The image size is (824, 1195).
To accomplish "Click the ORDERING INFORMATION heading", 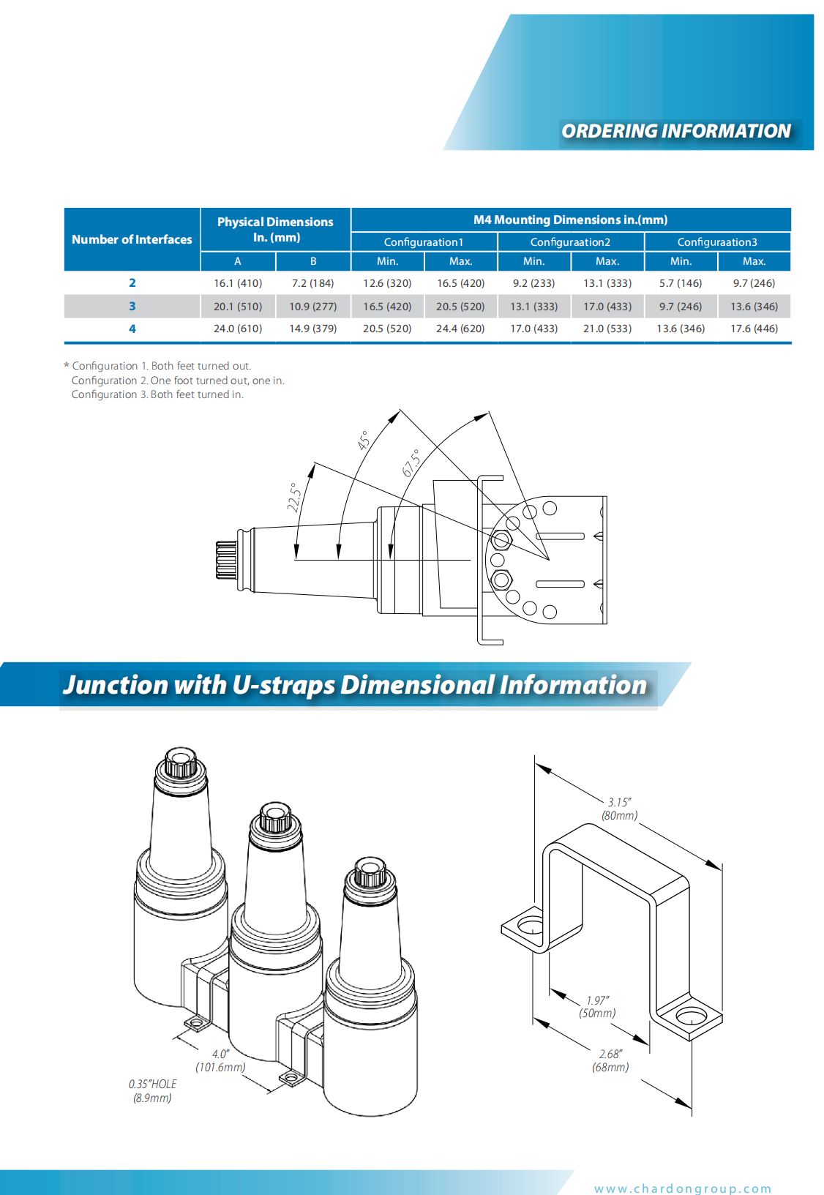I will click(x=675, y=131).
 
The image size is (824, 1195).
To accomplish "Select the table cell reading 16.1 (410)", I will click(x=238, y=283).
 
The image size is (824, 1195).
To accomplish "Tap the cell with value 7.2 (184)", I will click(x=312, y=283).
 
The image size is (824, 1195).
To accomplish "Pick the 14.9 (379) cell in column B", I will click(x=312, y=329).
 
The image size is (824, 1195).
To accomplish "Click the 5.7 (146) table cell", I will click(x=681, y=283).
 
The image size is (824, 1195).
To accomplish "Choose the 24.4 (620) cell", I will click(x=460, y=329).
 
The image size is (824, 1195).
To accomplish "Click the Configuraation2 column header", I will click(x=570, y=242).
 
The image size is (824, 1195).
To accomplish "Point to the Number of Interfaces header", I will click(x=132, y=239).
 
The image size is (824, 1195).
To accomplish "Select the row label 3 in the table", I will click(x=132, y=307).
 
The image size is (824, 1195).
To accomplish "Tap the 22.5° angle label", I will click(x=294, y=498).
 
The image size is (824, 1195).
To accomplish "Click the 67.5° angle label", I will click(x=411, y=463).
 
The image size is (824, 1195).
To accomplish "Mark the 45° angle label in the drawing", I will click(x=364, y=441).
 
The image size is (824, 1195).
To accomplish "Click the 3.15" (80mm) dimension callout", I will click(x=619, y=809).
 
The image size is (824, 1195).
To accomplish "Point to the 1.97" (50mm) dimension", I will click(x=597, y=1007).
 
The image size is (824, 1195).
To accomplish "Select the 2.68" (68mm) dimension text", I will click(x=610, y=1060).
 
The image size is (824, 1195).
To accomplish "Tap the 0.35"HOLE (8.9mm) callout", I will click(x=152, y=1091).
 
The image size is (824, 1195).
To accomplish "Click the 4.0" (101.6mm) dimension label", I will click(x=220, y=1060).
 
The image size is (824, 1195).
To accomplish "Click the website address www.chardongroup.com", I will click(x=683, y=1188).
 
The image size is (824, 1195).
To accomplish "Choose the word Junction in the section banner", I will click(x=116, y=685).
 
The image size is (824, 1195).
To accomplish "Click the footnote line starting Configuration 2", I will click(x=178, y=381).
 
